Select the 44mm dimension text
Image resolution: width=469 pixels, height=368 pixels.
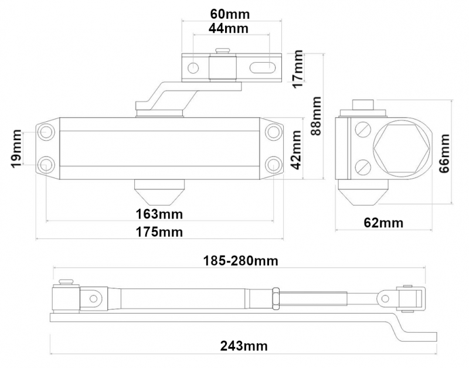pyautogui.click(x=228, y=28)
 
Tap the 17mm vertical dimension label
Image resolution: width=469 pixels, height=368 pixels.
pyautogui.click(x=300, y=68)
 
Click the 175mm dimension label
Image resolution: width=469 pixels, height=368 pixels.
pyautogui.click(x=159, y=231)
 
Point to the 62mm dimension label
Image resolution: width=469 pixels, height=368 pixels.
pyautogui.click(x=384, y=223)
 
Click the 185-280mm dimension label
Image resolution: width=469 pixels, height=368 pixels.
pyautogui.click(x=240, y=260)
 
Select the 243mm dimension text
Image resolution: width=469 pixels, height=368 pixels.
pyautogui.click(x=244, y=346)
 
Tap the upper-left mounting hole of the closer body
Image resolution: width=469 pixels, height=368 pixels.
pyautogui.click(x=46, y=132)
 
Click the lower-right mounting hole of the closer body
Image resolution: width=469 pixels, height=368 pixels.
pyautogui.click(x=272, y=163)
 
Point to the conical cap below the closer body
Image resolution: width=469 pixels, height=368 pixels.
pyautogui.click(x=159, y=191)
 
